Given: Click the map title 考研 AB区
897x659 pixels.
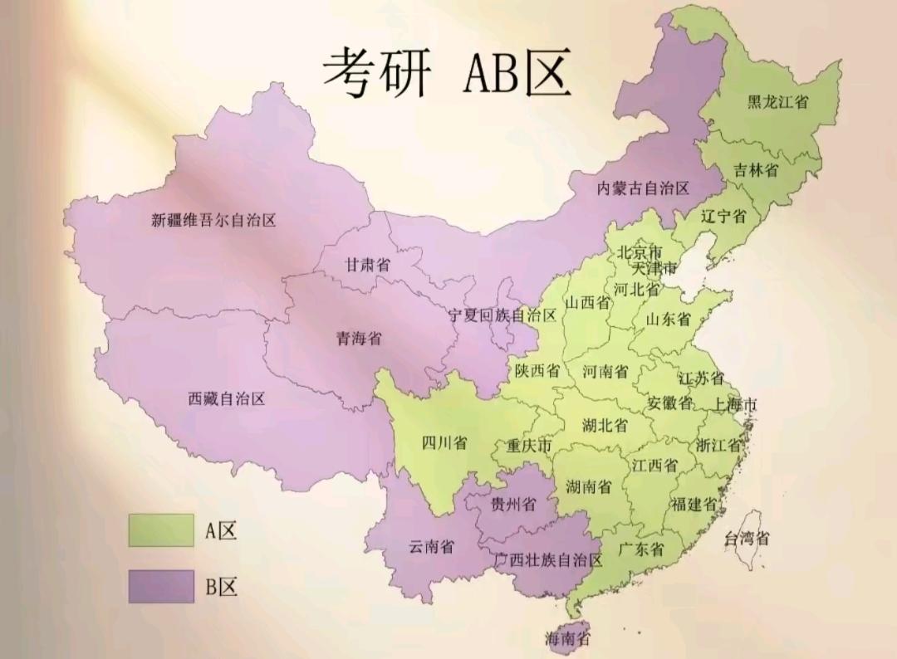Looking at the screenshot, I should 447,72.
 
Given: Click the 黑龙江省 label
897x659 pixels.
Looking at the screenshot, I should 778,101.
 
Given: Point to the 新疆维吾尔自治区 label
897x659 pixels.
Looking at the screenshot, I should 213,221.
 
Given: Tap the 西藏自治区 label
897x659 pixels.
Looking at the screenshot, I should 227,398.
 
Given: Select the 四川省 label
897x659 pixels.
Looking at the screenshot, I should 444,442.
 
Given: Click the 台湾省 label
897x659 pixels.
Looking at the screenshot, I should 747,538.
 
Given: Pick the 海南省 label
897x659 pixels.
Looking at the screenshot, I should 567,638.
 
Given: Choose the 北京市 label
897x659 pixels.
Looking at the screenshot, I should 640,251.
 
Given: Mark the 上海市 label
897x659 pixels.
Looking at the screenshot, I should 735,405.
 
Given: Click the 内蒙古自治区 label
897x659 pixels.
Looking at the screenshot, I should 644,188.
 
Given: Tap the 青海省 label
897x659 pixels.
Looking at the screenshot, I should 359,338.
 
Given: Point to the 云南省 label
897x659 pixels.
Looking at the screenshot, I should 431,546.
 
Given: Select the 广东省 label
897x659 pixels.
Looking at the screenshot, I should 641,549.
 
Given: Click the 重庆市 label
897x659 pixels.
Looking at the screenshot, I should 529,447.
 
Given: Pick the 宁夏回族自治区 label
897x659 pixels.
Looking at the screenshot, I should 502,315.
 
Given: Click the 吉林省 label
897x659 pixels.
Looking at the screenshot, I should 756,170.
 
